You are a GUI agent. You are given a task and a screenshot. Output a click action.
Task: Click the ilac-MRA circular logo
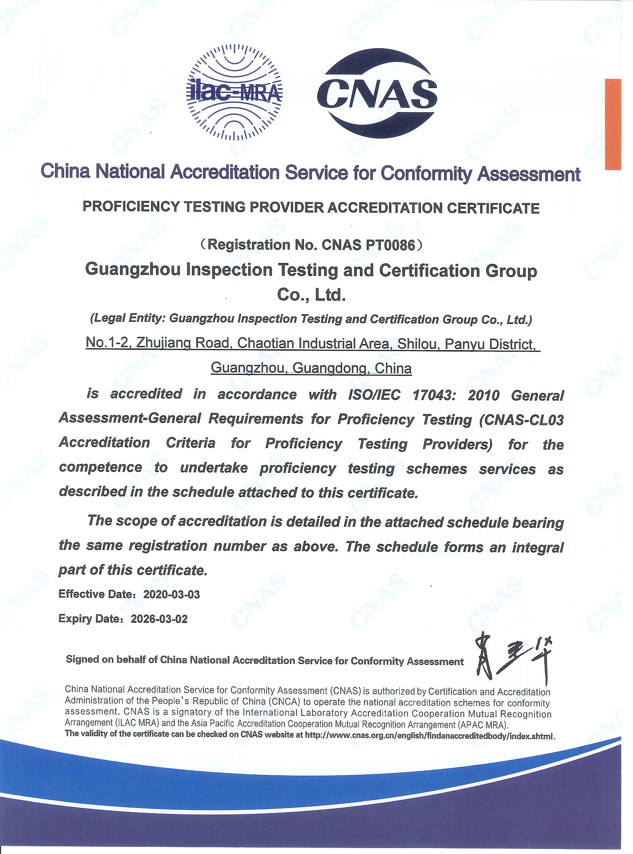[x=235, y=92]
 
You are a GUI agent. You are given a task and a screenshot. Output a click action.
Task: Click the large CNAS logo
[x=377, y=93]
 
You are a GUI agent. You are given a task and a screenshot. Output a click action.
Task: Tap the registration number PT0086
[x=390, y=245]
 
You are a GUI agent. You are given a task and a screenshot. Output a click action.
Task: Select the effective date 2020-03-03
[x=171, y=595]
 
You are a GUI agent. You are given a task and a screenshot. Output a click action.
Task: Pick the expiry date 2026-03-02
[x=159, y=619]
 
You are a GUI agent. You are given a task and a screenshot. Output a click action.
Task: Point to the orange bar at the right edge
[x=613, y=124]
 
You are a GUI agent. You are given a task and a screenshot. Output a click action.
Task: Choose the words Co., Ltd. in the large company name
[x=311, y=295]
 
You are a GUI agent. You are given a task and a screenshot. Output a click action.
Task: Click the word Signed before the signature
[x=82, y=660]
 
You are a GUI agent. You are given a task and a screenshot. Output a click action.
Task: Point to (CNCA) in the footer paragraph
[x=284, y=702]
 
